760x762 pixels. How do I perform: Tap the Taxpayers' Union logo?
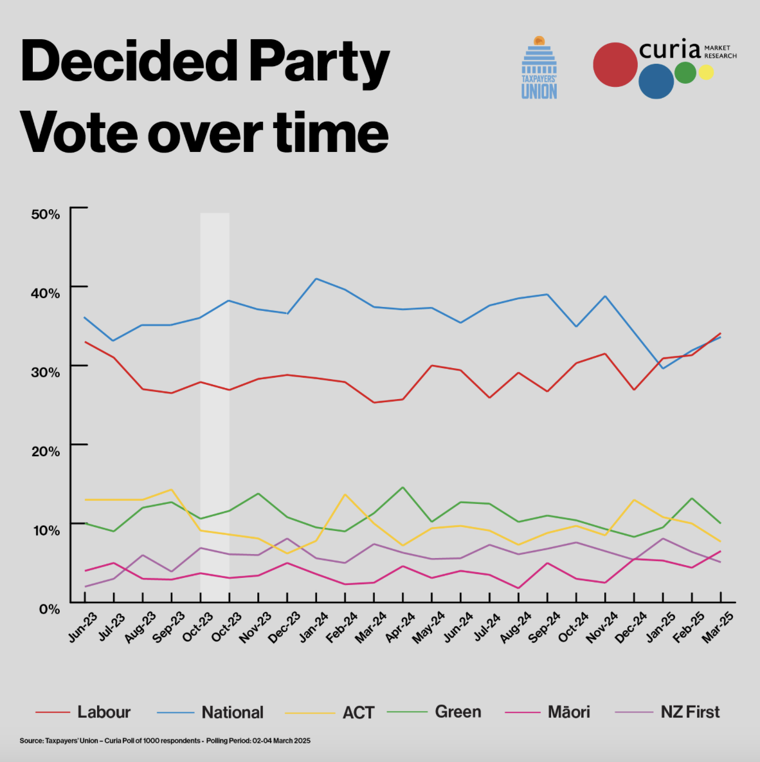tap(539, 68)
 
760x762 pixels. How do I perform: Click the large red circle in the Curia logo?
tap(615, 64)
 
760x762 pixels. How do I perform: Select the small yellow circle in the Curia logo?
tap(706, 73)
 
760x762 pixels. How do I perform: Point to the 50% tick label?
tap(46, 214)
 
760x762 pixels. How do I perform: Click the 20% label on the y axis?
tap(46, 451)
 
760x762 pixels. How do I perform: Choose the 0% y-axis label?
tap(50, 609)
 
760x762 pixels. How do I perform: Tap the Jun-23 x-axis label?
tap(82, 627)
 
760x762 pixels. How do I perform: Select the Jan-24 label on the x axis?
tap(313, 627)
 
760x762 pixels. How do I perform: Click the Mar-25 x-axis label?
tap(718, 627)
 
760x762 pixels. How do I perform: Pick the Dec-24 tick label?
tap(631, 627)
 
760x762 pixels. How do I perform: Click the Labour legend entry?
tap(104, 712)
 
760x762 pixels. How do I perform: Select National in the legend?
tap(232, 712)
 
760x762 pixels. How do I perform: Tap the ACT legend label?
tap(358, 712)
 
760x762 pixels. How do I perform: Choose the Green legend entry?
tap(458, 712)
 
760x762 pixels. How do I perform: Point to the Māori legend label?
tap(568, 712)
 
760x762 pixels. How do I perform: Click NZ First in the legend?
tap(690, 712)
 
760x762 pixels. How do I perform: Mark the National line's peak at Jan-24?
tap(316, 279)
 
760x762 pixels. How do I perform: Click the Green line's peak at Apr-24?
tap(403, 487)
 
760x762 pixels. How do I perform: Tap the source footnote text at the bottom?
tap(165, 741)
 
